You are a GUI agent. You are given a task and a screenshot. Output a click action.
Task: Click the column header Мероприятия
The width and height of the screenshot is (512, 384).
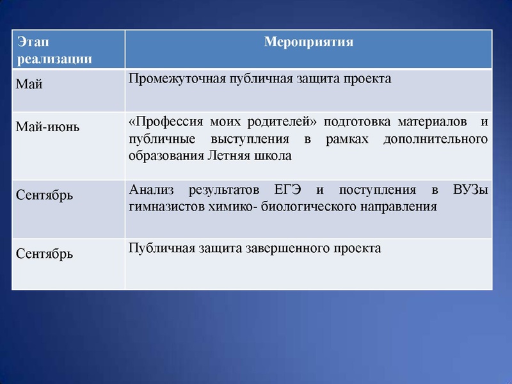pos(308,43)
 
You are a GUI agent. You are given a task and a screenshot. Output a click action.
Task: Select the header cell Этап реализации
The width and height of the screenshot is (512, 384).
pos(54,51)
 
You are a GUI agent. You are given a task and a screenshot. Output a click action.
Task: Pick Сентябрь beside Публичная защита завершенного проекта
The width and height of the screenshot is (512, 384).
pos(44,253)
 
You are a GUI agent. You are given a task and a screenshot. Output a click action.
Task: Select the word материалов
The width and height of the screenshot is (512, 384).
pos(429,122)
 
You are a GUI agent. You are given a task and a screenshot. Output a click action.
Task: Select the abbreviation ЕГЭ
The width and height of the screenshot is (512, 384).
pos(287,190)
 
